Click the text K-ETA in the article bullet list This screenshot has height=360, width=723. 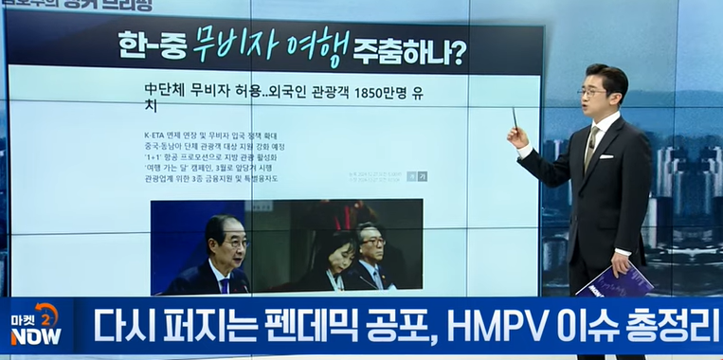click(x=156, y=136)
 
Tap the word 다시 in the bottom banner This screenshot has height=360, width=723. click(x=119, y=327)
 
